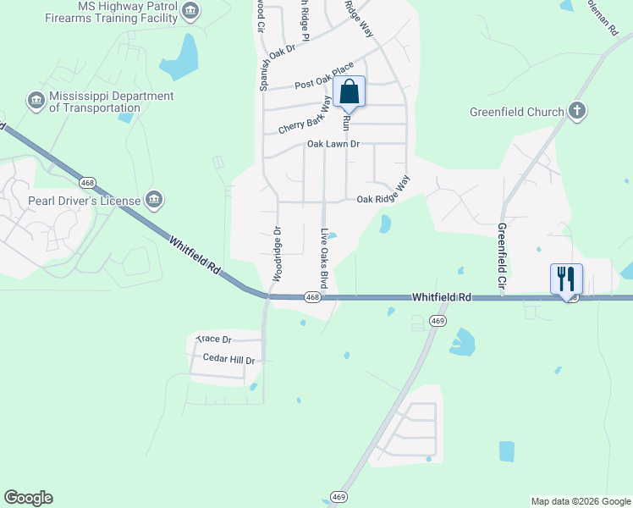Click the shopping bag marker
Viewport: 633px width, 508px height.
coord(350,91)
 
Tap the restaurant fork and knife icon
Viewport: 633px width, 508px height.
coord(566,279)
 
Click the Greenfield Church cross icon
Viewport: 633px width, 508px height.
coord(577,112)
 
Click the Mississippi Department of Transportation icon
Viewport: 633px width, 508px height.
coord(36,102)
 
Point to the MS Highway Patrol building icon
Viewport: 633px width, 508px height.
coord(192,11)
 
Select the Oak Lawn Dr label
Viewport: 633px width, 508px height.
coord(333,145)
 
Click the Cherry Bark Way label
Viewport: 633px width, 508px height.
coord(305,114)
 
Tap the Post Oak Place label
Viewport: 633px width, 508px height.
coord(324,76)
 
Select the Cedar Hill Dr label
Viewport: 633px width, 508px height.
coord(229,359)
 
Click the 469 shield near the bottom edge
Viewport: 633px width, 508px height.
coord(339,497)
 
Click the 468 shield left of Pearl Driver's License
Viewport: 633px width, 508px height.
coord(86,182)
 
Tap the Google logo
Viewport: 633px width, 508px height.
coord(28,498)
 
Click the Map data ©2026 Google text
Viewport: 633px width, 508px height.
coord(580,501)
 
